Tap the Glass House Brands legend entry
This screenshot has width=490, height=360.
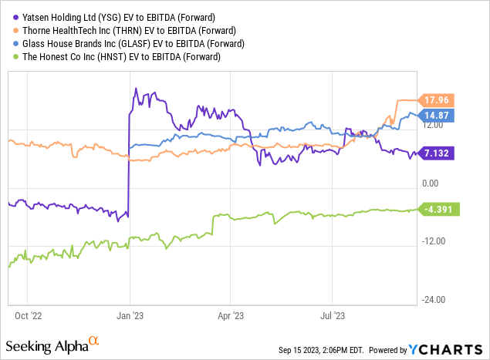pyautogui.click(x=124, y=42)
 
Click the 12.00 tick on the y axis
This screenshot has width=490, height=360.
pyautogui.click(x=432, y=126)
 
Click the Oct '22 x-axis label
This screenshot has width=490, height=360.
pyautogui.click(x=27, y=315)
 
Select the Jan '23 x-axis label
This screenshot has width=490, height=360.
pyautogui.click(x=129, y=315)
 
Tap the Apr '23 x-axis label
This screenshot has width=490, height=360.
pyautogui.click(x=231, y=315)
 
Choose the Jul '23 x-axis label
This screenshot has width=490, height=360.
pyautogui.click(x=332, y=315)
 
